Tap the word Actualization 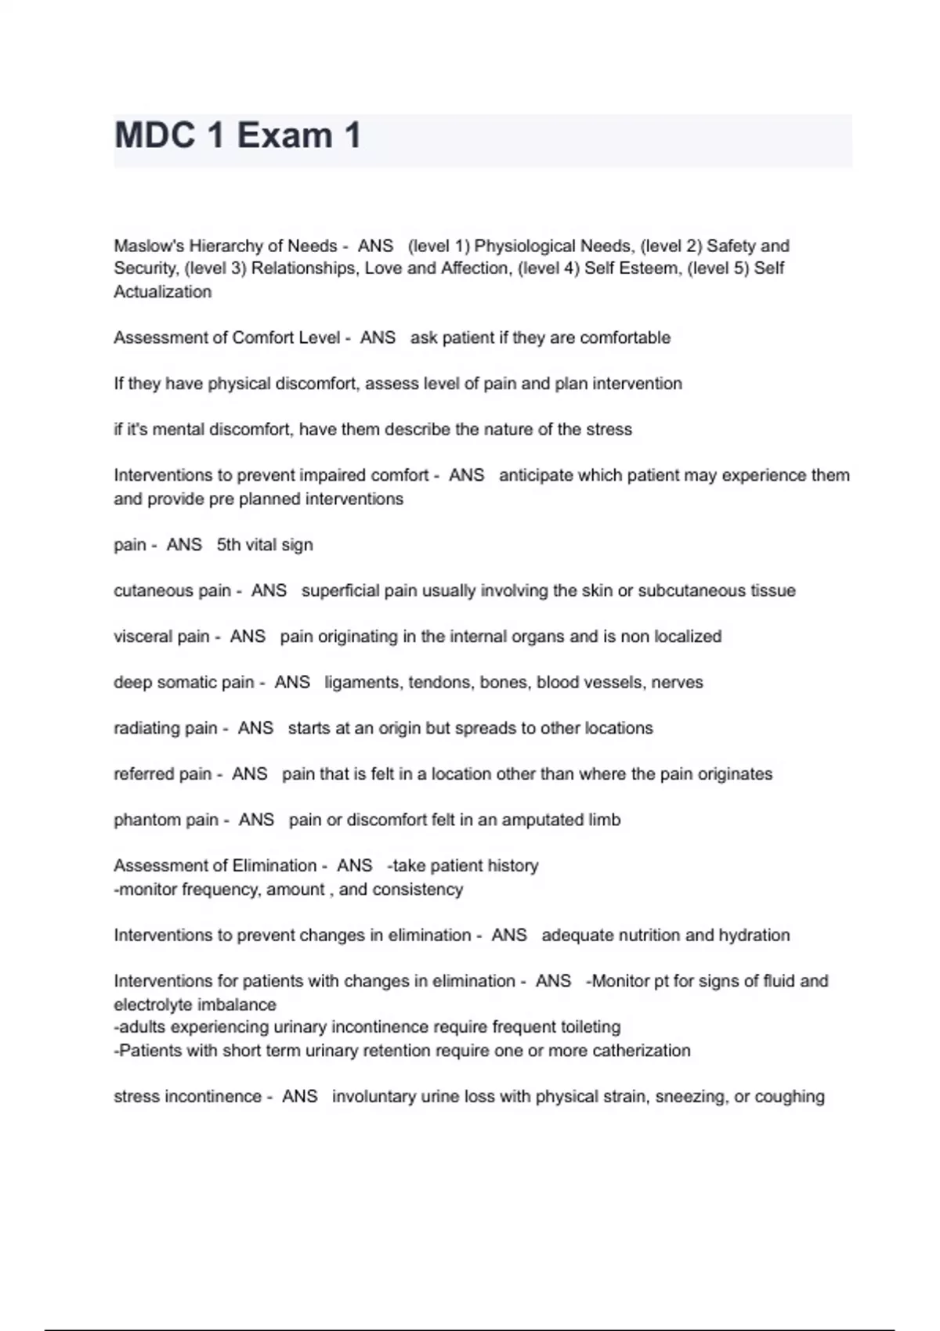tap(163, 292)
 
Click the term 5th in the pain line tap(229, 545)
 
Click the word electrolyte tap(154, 1005)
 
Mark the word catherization tap(642, 1051)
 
